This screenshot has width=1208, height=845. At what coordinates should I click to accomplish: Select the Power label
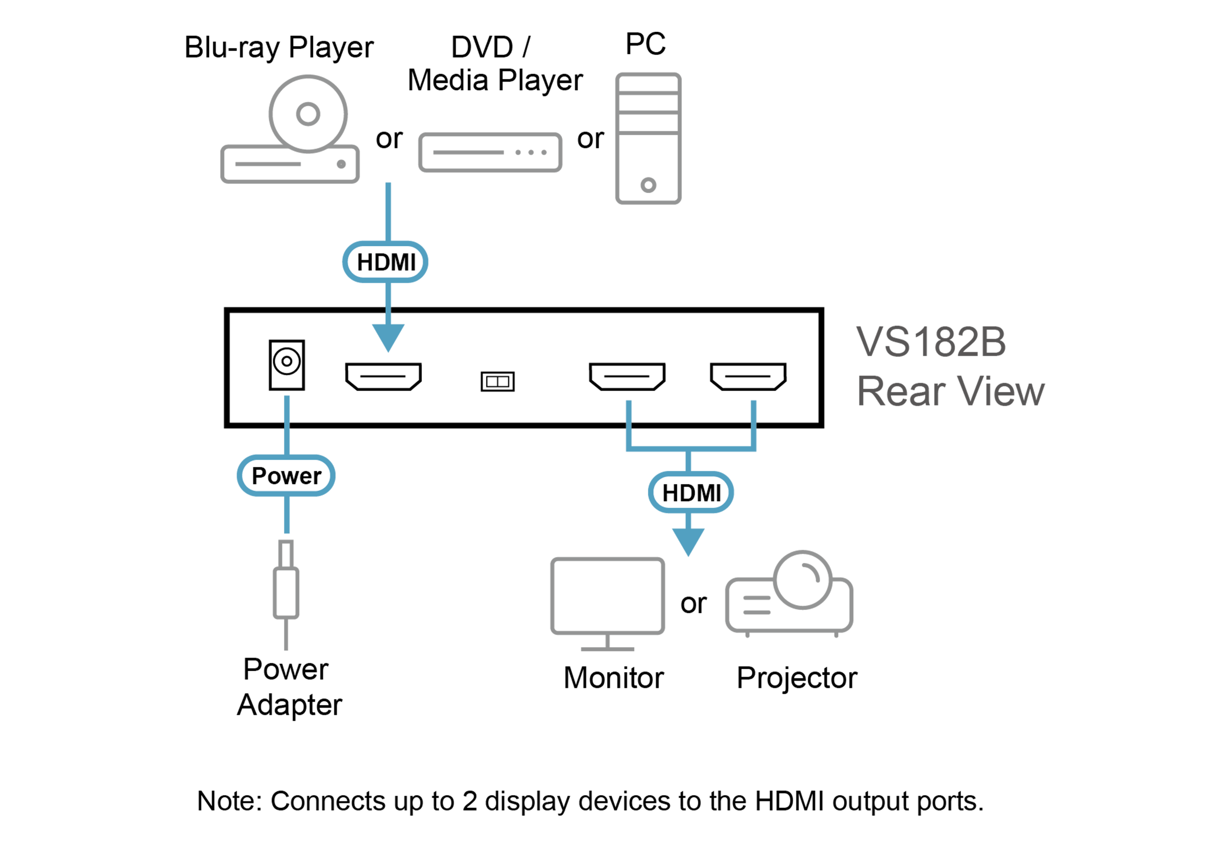(x=286, y=476)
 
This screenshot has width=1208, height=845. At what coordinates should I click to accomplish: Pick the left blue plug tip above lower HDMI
(x=628, y=408)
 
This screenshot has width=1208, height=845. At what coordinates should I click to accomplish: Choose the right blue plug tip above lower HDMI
(x=753, y=408)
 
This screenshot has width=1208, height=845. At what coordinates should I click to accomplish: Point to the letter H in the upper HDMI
(x=366, y=262)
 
